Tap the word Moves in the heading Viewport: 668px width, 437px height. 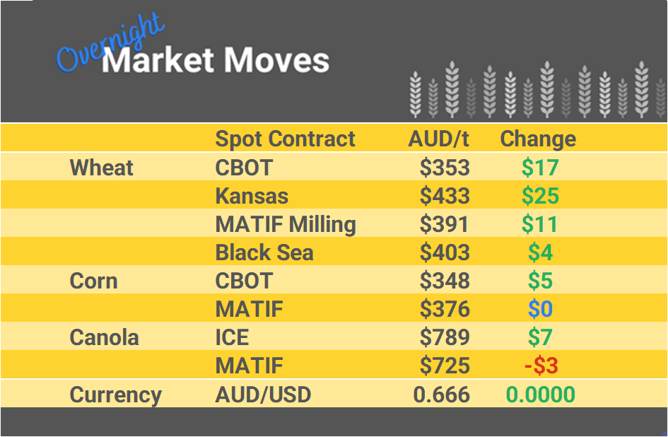[276, 60]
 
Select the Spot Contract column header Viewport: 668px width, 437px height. [285, 139]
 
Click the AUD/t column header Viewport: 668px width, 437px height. [438, 139]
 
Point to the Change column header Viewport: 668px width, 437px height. [538, 139]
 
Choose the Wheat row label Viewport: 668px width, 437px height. [102, 168]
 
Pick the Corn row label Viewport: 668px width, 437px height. [94, 281]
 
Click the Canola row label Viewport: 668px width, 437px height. [105, 337]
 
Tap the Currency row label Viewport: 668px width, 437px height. [116, 395]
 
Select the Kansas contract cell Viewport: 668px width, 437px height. [252, 196]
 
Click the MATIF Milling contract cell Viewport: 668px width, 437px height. [286, 224]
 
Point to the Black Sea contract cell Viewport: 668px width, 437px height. [264, 252]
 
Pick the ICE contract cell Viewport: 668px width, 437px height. [232, 337]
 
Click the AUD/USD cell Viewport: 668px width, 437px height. [263, 395]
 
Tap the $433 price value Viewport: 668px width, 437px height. [445, 196]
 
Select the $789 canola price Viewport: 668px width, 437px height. [445, 337]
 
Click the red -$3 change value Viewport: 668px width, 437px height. [541, 366]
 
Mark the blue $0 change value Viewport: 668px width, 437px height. [541, 309]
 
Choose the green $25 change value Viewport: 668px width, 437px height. [541, 196]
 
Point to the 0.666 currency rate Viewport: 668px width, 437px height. [442, 395]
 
